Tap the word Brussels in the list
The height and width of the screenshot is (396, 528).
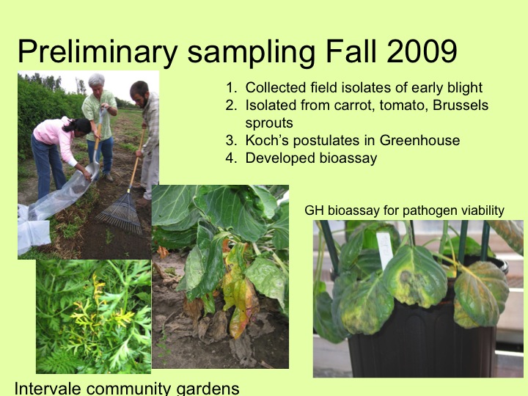(x=461, y=105)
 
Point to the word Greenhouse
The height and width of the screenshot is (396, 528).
(x=419, y=140)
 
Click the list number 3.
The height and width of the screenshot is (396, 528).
(x=231, y=140)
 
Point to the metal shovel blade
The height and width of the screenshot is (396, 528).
(x=93, y=171)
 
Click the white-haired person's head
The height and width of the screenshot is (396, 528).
(x=97, y=83)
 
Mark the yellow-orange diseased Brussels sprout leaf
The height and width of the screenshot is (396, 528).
(x=240, y=293)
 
